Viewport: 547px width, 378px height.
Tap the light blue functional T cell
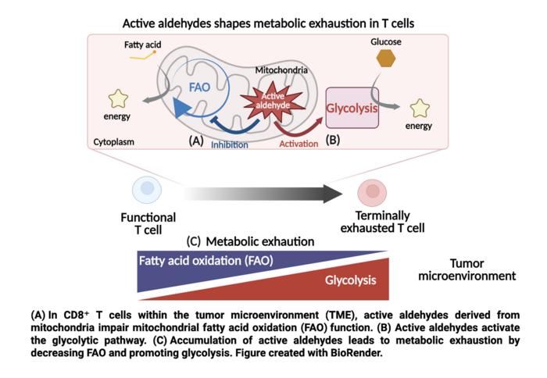[x=147, y=191]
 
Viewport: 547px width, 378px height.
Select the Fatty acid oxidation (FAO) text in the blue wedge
[x=206, y=261]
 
